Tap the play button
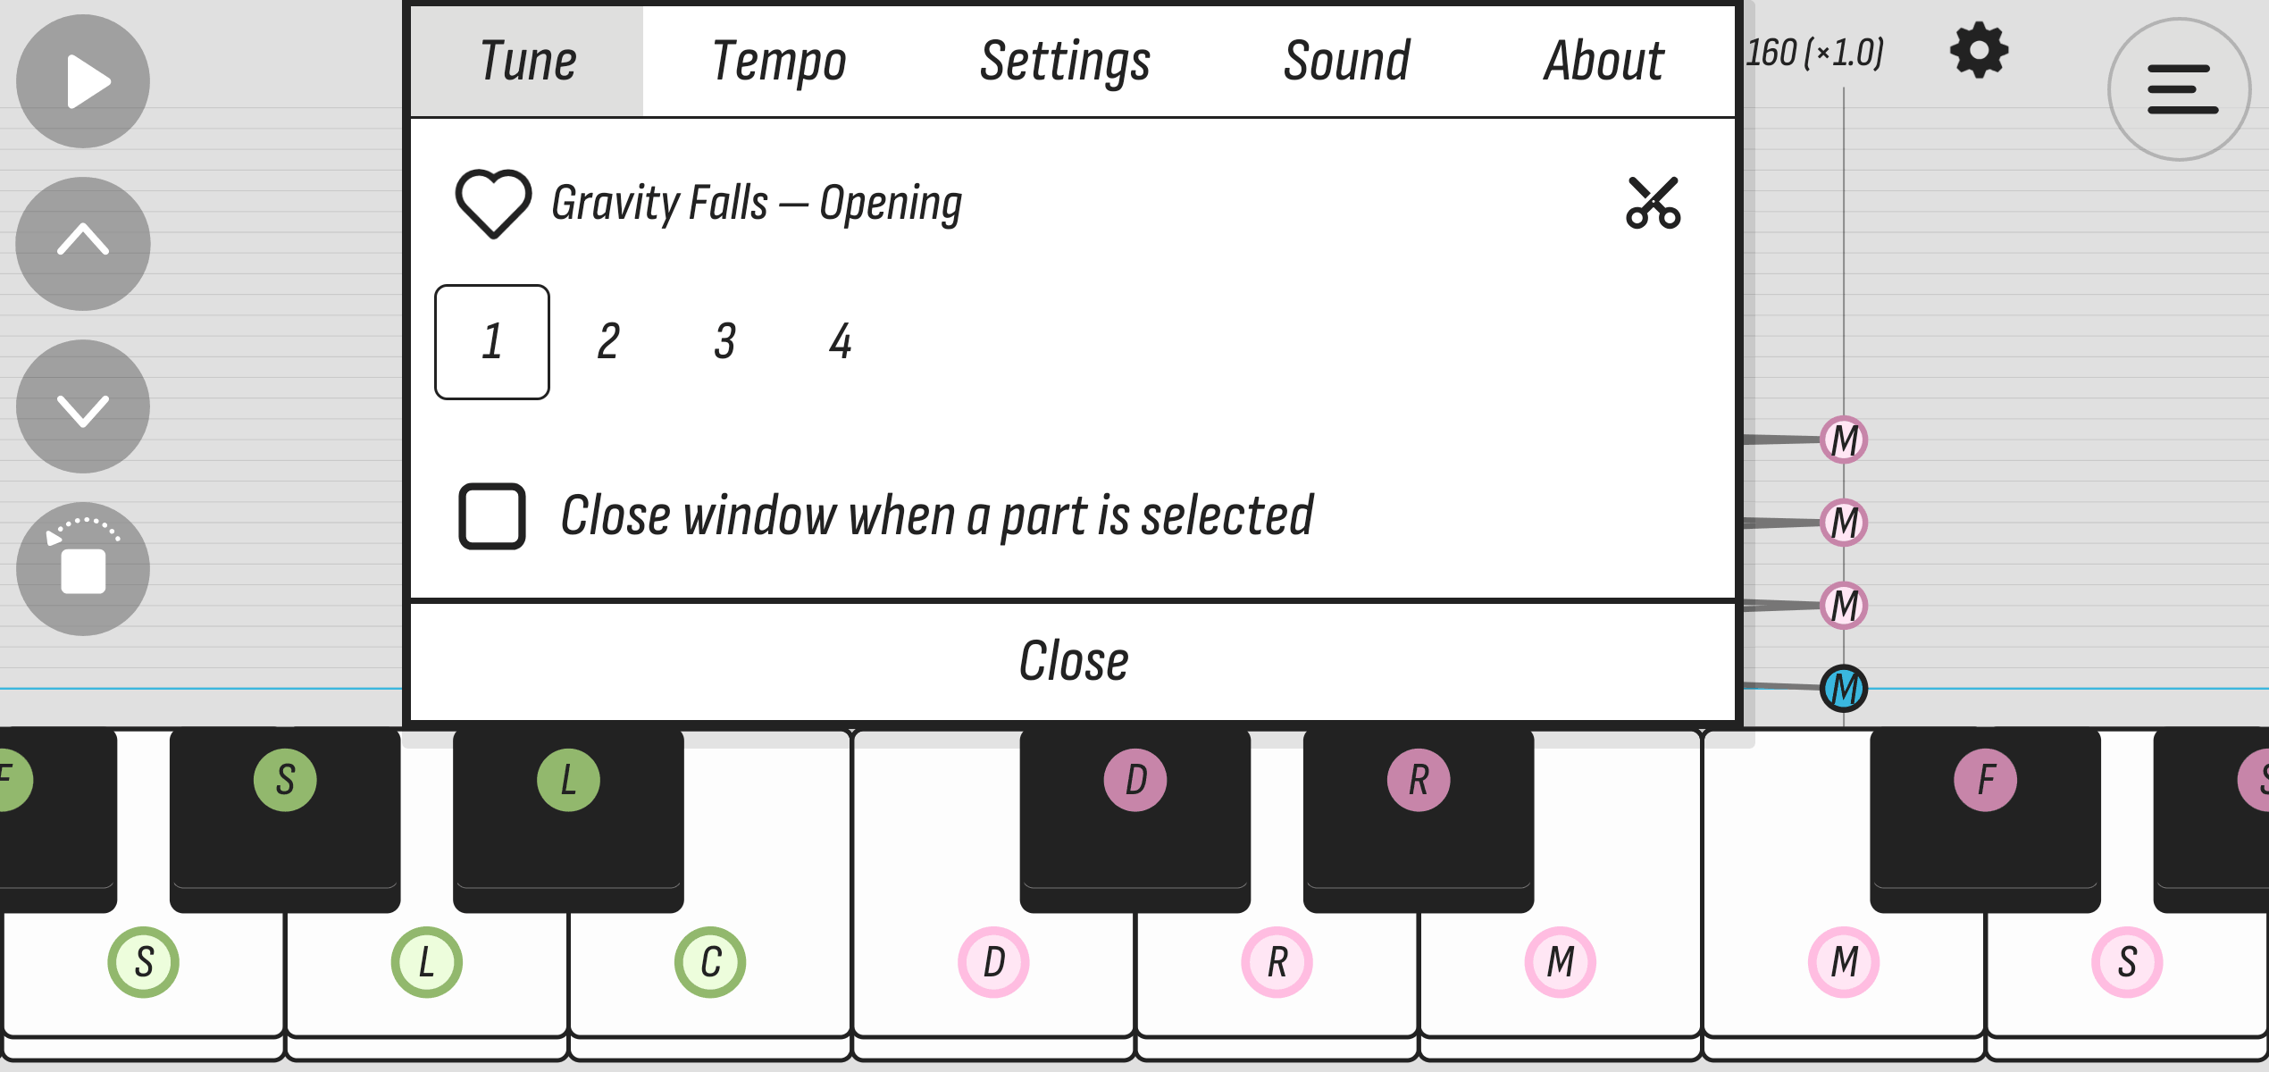click(83, 81)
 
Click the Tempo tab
click(779, 62)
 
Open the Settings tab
click(1065, 62)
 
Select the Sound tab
click(1346, 62)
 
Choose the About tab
click(1603, 62)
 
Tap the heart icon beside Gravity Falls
click(493, 203)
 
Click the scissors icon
click(1654, 203)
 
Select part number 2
click(608, 341)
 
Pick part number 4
click(840, 341)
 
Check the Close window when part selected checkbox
click(491, 516)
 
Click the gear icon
click(1980, 51)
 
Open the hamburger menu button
click(2180, 89)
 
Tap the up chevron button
click(83, 244)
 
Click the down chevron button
click(83, 406)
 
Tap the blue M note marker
click(1844, 689)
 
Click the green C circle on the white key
click(710, 962)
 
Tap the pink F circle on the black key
click(1985, 780)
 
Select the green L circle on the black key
click(568, 780)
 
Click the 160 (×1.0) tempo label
click(1814, 53)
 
